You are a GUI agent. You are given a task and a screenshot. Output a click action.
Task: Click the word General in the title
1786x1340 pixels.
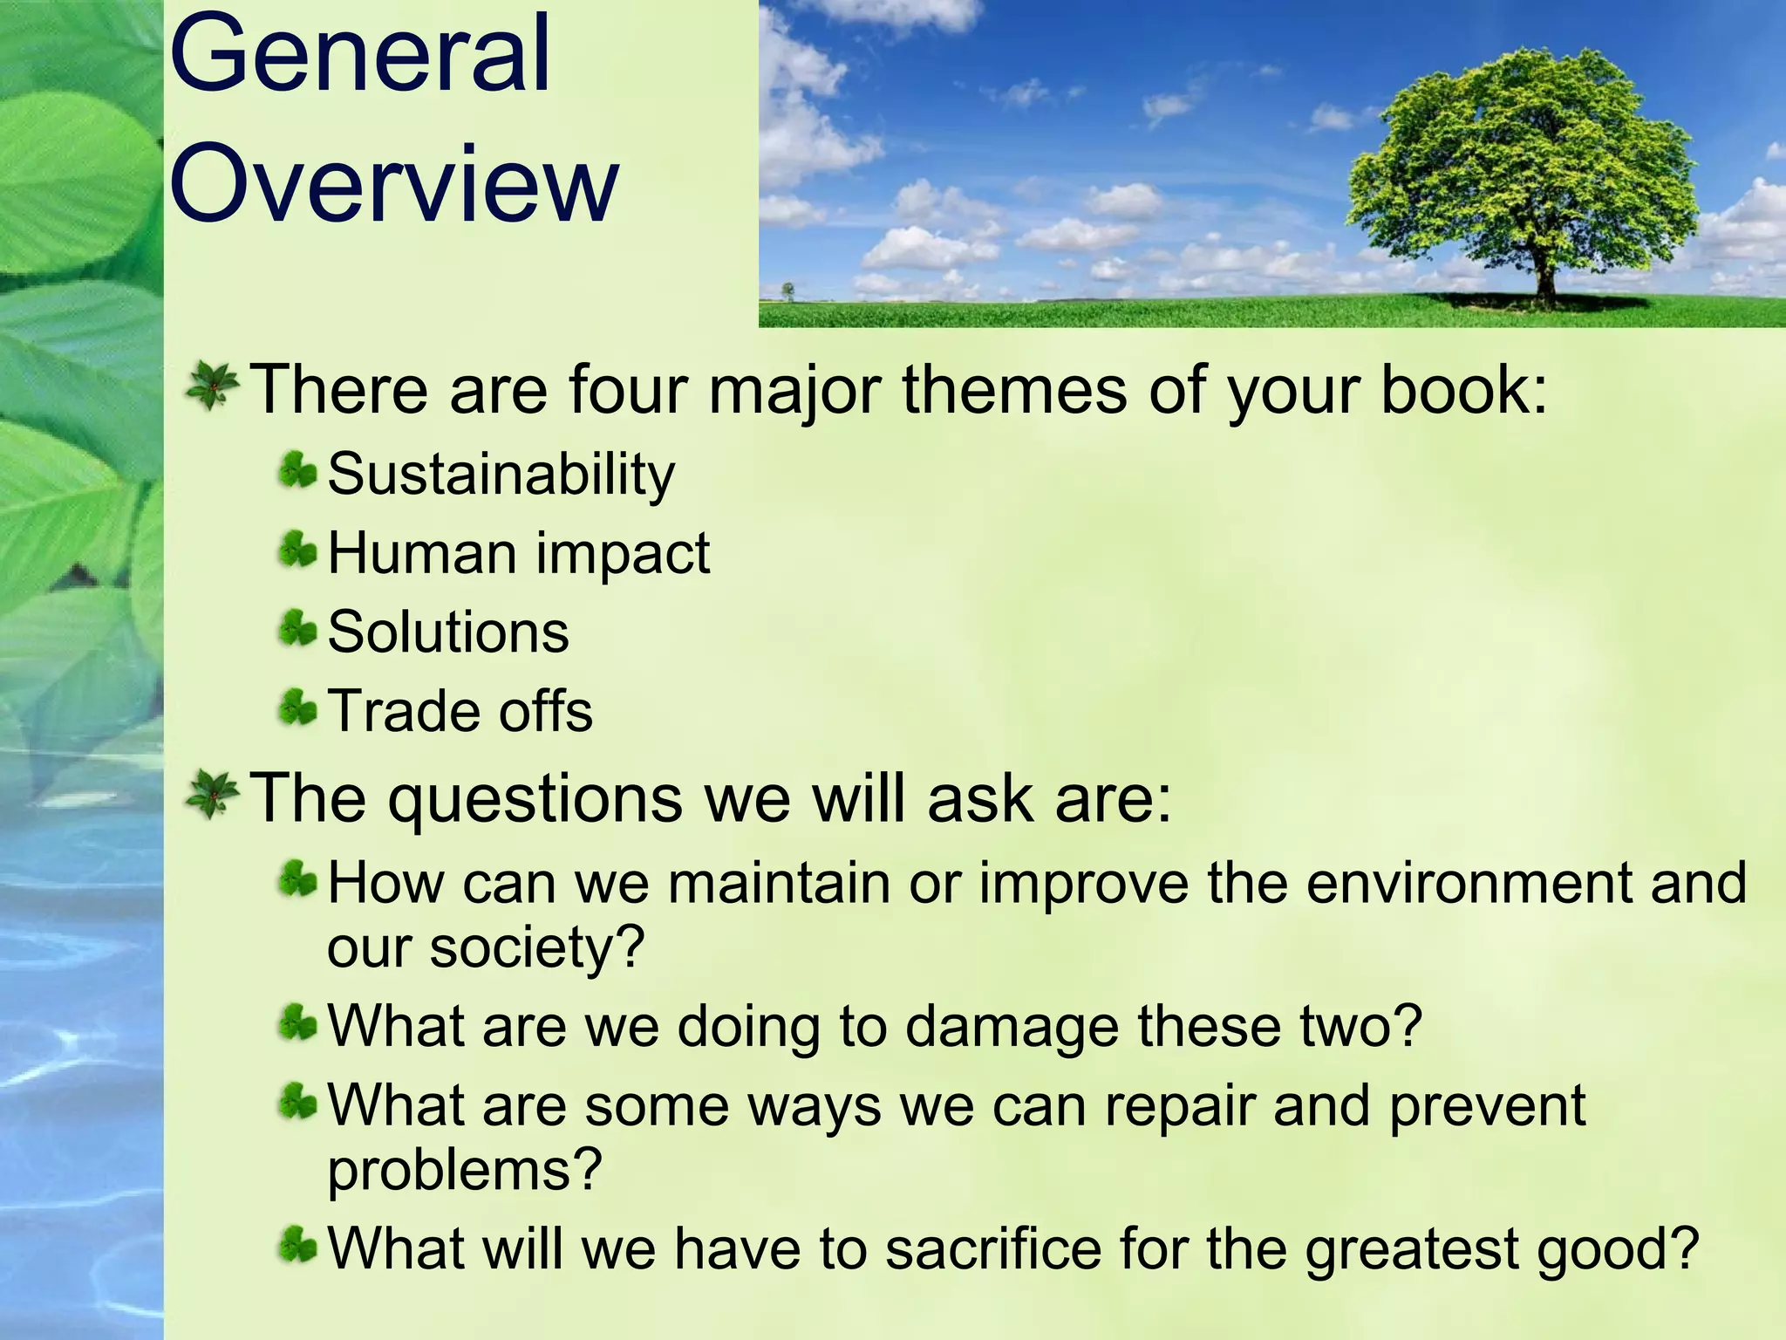pyautogui.click(x=360, y=54)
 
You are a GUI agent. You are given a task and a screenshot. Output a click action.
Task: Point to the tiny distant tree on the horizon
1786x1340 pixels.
pyautogui.click(x=788, y=290)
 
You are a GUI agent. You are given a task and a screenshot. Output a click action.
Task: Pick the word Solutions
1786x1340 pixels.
pyautogui.click(x=447, y=632)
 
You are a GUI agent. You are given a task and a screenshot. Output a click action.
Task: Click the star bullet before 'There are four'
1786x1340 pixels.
pyautogui.click(x=212, y=386)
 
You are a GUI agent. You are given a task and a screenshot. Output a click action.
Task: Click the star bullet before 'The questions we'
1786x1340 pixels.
pyautogui.click(x=212, y=795)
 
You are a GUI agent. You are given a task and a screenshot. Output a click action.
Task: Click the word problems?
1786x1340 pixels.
pyautogui.click(x=464, y=1171)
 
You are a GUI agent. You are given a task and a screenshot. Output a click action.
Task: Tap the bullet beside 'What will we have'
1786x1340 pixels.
pyautogui.click(x=297, y=1246)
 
